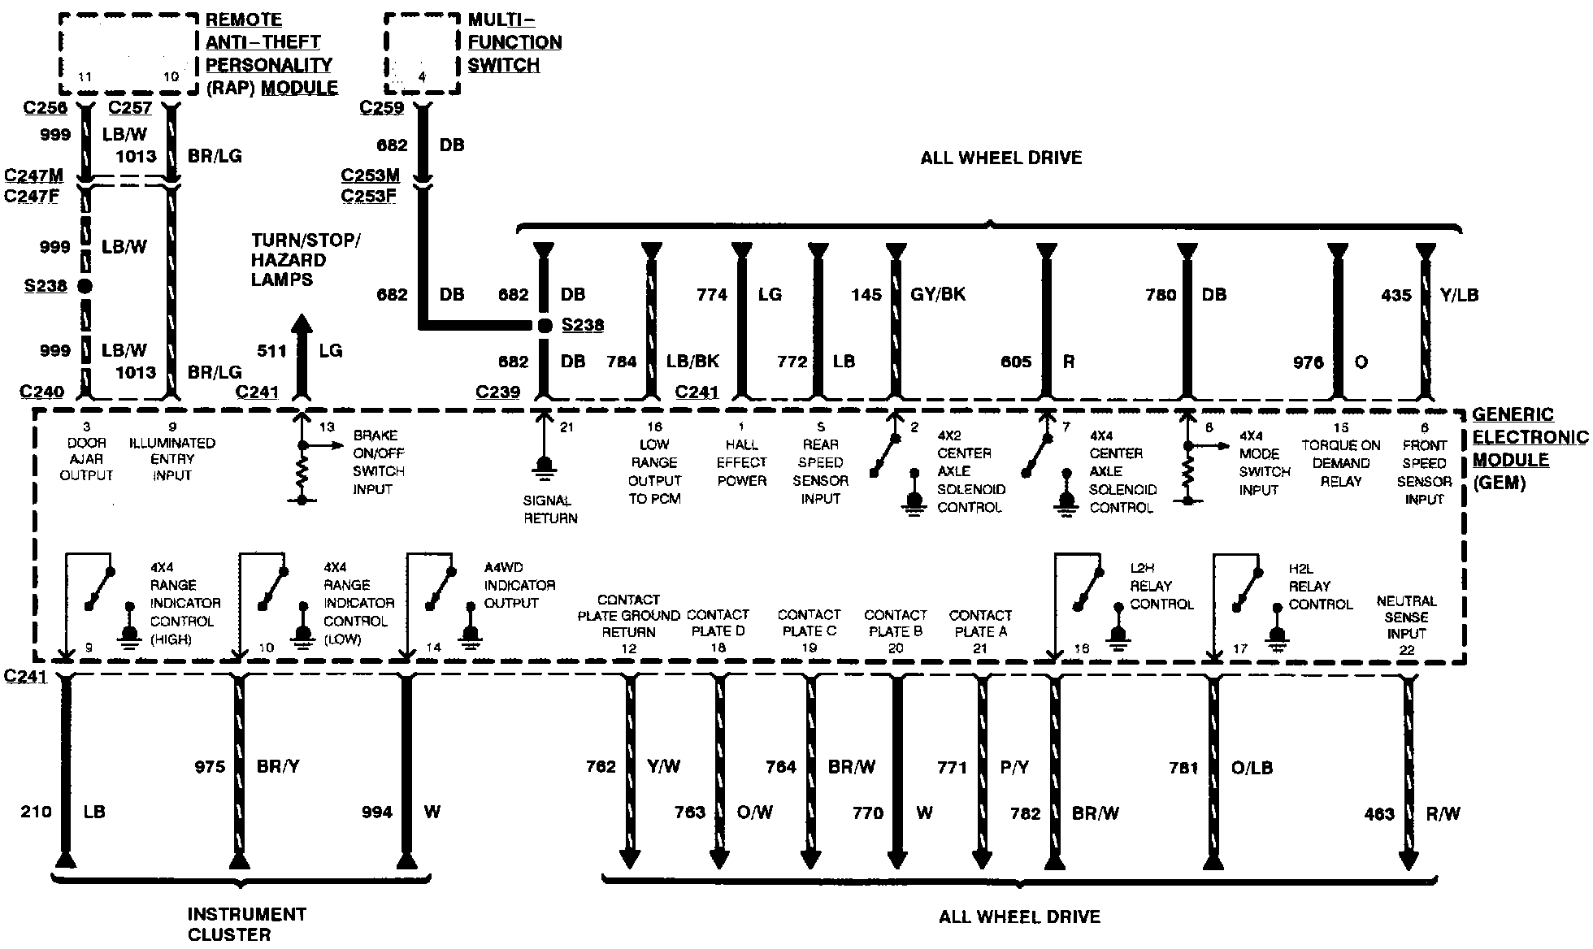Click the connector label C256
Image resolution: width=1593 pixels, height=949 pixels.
pyautogui.click(x=46, y=108)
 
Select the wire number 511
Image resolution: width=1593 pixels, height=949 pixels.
pyautogui.click(x=271, y=351)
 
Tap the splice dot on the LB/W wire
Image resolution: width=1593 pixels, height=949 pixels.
pyautogui.click(x=85, y=286)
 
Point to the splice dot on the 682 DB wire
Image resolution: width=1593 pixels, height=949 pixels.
pyautogui.click(x=545, y=326)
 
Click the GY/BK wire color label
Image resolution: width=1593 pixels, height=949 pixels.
pyautogui.click(x=938, y=294)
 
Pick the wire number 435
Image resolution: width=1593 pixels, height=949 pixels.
pyautogui.click(x=1396, y=295)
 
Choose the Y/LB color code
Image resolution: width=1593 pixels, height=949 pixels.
pyautogui.click(x=1459, y=295)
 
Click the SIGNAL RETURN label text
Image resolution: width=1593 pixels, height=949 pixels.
pyautogui.click(x=550, y=509)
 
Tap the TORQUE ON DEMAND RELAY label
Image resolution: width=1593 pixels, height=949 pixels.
pyautogui.click(x=1340, y=462)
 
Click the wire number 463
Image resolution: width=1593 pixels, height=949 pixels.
pyautogui.click(x=1379, y=813)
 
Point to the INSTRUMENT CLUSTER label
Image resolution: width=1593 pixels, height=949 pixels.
pyautogui.click(x=246, y=924)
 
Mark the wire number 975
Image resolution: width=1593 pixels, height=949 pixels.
pyautogui.click(x=210, y=766)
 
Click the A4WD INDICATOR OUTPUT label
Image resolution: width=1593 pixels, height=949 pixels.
pyautogui.click(x=519, y=585)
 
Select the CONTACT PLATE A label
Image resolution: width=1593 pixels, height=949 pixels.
pyautogui.click(x=980, y=623)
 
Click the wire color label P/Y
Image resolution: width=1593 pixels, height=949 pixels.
pyautogui.click(x=1014, y=767)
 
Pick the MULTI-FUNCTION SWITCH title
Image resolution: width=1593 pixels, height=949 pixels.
pyautogui.click(x=514, y=42)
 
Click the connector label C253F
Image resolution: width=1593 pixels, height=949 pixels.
pyautogui.click(x=369, y=195)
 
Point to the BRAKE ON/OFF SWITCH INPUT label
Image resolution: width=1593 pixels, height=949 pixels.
pyautogui.click(x=378, y=462)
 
